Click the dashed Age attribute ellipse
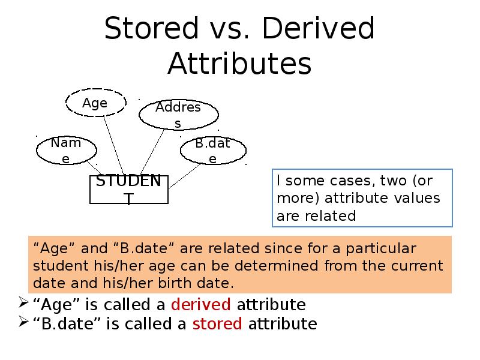click(95, 103)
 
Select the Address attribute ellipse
click(178, 115)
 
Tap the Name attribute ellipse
click(66, 150)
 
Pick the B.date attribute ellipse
click(213, 151)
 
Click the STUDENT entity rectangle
click(128, 190)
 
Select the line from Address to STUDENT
click(154, 151)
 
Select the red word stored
click(217, 324)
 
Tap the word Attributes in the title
click(239, 64)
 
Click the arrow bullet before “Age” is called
click(22, 302)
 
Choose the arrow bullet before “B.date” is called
click(22, 322)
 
